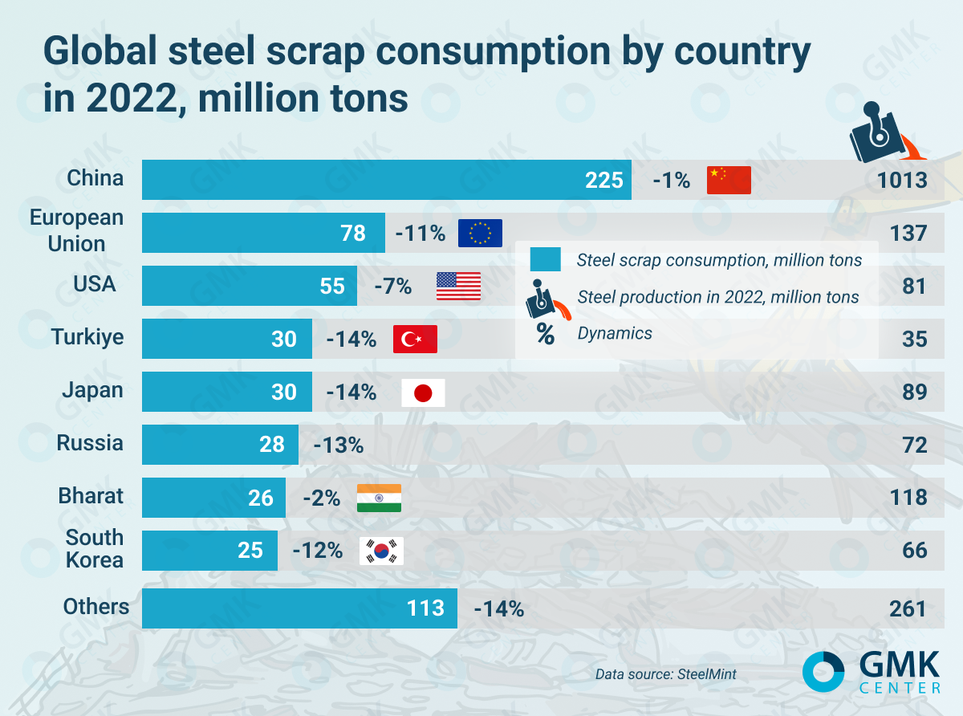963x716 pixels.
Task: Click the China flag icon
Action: coord(728,180)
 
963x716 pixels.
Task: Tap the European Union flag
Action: coord(480,233)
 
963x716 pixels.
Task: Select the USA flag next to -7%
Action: coord(458,286)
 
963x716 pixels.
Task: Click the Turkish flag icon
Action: coord(415,339)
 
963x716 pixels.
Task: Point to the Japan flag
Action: coord(423,393)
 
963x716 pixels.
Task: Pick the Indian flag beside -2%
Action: coord(379,498)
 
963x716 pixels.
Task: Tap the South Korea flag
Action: coord(381,551)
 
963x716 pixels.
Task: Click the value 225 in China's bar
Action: coord(603,180)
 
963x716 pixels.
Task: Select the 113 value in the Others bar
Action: coord(425,608)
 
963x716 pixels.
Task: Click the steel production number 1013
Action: coord(901,180)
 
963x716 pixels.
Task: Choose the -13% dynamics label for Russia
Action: coord(339,445)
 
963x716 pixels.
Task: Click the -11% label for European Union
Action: coord(420,234)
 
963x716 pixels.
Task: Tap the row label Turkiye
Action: coord(87,336)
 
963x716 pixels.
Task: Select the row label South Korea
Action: coord(95,548)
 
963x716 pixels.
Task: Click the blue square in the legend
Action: coord(545,259)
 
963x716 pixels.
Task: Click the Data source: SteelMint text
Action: coord(665,674)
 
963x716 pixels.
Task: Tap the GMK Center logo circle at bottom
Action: coord(823,672)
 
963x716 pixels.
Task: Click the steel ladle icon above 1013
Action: coord(881,133)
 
